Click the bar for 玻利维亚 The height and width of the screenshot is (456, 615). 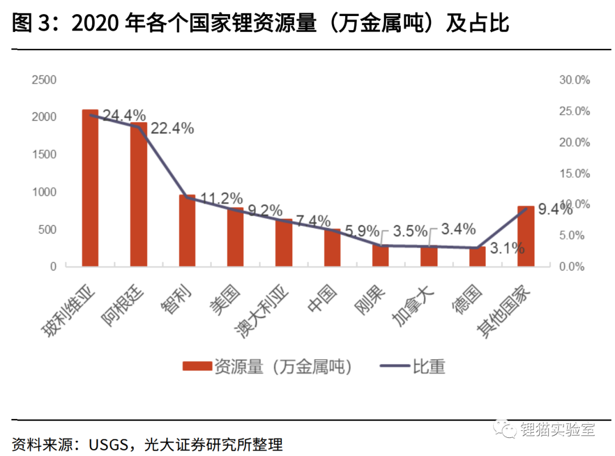coord(90,188)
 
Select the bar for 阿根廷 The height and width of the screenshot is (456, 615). coord(138,194)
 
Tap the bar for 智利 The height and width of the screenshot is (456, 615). coord(187,231)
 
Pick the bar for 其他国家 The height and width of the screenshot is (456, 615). coord(526,236)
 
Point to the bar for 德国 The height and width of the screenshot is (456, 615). coord(477,256)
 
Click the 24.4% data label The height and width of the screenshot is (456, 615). coord(124,115)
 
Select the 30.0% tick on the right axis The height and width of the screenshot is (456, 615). coord(575,80)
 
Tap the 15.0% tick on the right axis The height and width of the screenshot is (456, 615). coord(575,173)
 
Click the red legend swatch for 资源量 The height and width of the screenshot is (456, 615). coord(196,367)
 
